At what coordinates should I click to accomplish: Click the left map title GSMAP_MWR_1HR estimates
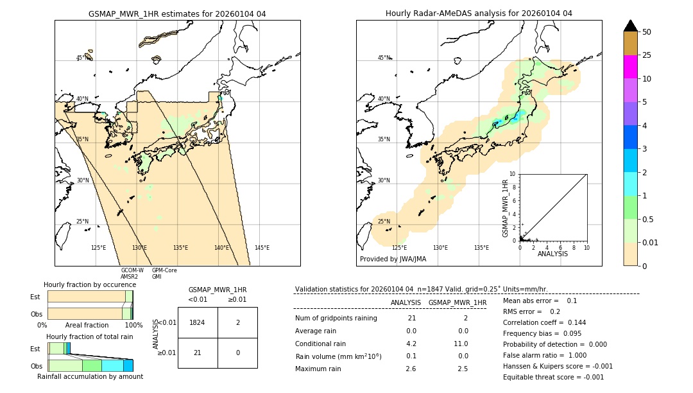(x=177, y=13)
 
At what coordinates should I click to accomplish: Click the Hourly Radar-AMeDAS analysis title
(x=479, y=13)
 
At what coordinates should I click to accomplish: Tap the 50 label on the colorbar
(x=647, y=32)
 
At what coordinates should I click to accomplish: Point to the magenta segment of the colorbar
(x=630, y=67)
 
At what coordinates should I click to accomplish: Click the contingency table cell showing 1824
(x=198, y=322)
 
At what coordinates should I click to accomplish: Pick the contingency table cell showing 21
(x=198, y=353)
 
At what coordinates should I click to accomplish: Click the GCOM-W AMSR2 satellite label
(x=132, y=274)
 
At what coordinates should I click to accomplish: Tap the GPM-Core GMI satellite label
(x=164, y=274)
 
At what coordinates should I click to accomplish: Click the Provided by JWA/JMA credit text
(x=393, y=259)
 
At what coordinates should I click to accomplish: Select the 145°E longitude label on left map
(x=262, y=248)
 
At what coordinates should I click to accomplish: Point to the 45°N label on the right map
(x=384, y=58)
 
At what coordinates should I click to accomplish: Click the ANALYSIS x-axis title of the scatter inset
(x=552, y=254)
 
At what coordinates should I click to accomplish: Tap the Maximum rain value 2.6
(x=411, y=369)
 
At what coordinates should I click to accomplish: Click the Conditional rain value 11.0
(x=462, y=344)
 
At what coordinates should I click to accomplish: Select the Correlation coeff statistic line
(x=544, y=322)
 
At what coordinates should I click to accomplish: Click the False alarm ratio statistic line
(x=544, y=355)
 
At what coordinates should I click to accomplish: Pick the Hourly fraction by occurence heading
(x=90, y=284)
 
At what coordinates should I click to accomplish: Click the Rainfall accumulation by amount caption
(x=90, y=376)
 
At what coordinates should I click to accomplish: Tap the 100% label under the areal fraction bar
(x=133, y=326)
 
